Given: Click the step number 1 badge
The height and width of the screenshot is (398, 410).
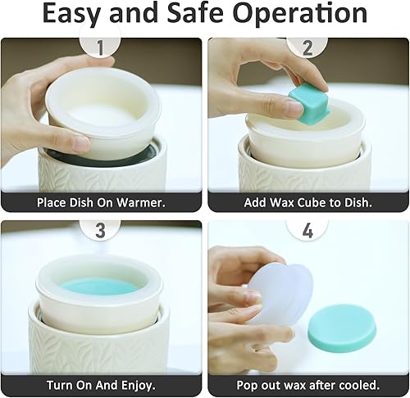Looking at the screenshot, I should click(x=101, y=47).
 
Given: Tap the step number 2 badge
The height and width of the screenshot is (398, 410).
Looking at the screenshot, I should click(x=308, y=47).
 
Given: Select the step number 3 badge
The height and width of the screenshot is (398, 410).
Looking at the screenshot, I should click(x=101, y=230).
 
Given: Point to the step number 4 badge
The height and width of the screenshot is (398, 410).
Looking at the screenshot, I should click(x=308, y=230).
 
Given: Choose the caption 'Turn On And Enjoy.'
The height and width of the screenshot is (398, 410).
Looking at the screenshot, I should click(x=102, y=384).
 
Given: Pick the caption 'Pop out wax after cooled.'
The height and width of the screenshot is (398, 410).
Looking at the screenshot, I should click(x=308, y=384).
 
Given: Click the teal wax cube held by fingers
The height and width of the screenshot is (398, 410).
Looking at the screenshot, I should click(x=308, y=106).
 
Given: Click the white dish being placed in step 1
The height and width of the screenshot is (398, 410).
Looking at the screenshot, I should click(x=102, y=106).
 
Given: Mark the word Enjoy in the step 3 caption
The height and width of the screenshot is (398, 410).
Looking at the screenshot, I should click(x=139, y=384).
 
